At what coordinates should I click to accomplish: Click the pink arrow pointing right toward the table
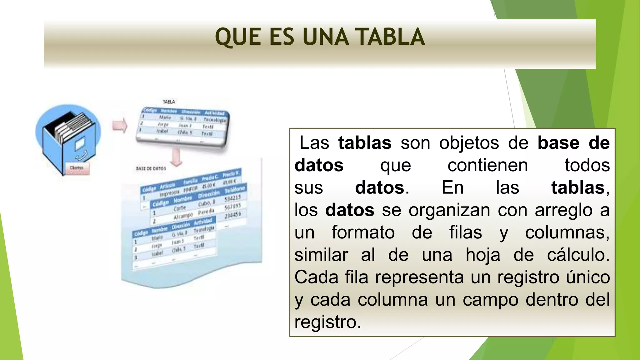point(120,126)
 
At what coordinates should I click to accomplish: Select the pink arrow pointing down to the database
point(177,157)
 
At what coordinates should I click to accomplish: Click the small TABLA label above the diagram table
point(169,102)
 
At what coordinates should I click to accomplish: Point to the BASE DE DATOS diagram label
point(151,168)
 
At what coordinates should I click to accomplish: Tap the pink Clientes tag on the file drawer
point(77,168)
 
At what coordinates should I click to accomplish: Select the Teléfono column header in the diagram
point(235,189)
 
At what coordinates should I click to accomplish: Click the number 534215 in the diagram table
point(233,198)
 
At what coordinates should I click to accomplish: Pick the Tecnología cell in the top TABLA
point(214,120)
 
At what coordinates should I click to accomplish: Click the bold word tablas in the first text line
point(365,143)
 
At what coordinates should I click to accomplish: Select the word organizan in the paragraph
point(449,210)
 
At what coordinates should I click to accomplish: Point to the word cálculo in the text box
point(578,255)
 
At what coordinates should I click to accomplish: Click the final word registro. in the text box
point(327,322)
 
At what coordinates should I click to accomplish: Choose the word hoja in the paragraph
point(483,255)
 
